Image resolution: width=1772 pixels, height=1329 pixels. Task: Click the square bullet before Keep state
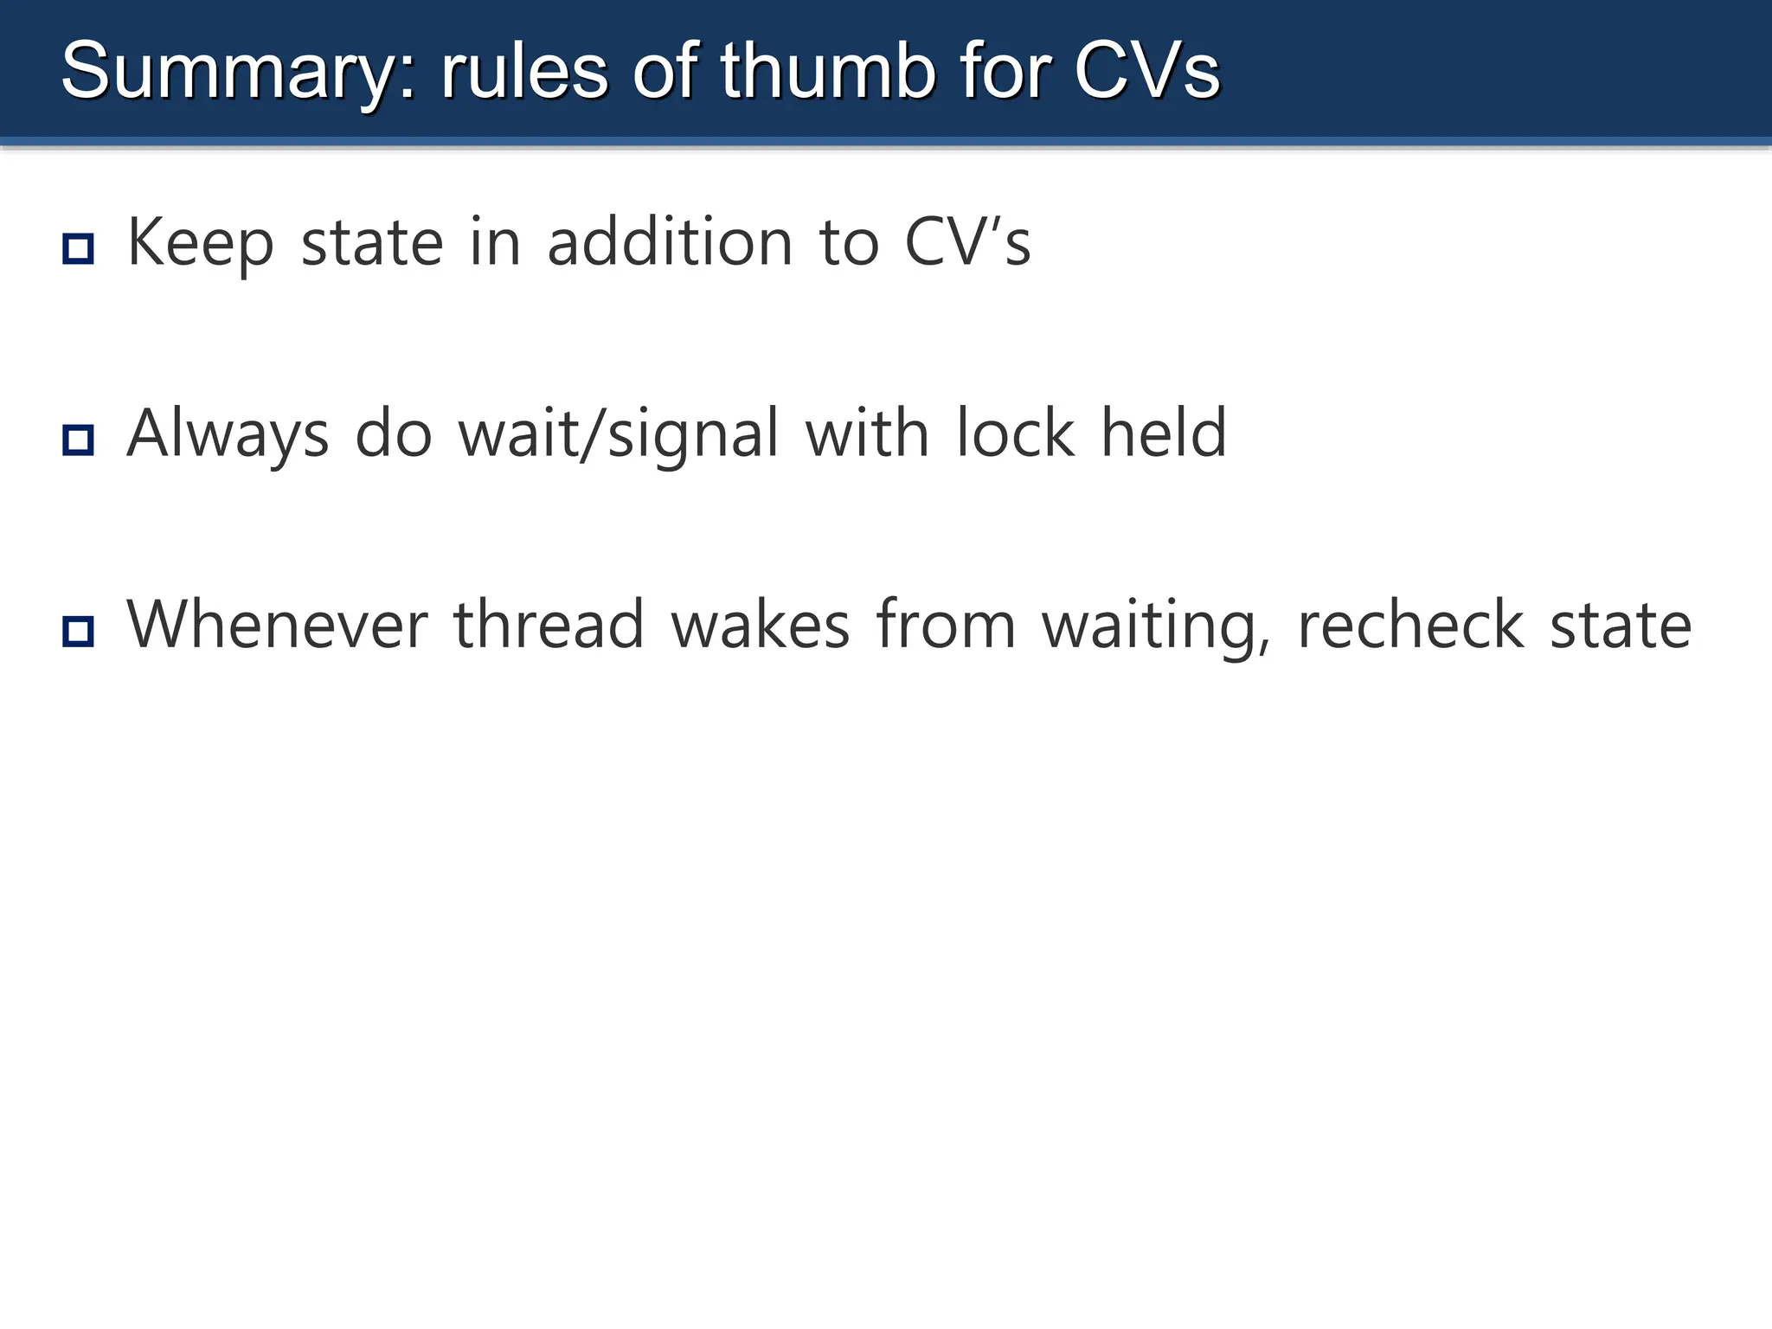coord(78,249)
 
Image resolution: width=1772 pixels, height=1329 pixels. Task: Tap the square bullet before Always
coord(78,440)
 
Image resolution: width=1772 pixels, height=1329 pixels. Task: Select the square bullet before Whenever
coord(78,631)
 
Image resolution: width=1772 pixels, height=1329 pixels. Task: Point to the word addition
coord(670,242)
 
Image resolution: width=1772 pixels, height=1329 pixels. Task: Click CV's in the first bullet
coord(967,242)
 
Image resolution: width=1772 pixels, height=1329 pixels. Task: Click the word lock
coord(1015,433)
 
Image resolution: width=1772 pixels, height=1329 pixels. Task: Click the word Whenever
coord(278,625)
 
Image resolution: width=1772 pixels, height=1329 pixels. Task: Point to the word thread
coord(549,625)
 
